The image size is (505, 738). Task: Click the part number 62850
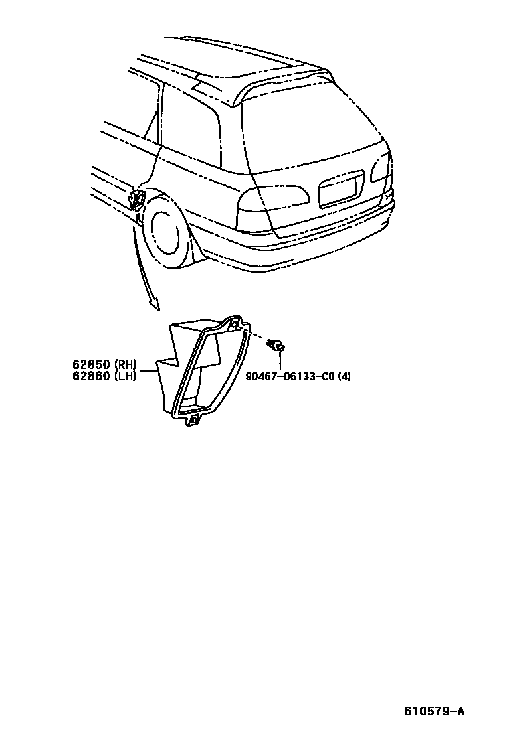click(92, 364)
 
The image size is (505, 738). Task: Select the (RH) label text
click(126, 364)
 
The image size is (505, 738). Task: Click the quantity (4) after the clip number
click(344, 376)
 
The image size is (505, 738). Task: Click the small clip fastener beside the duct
click(276, 344)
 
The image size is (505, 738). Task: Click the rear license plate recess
click(342, 189)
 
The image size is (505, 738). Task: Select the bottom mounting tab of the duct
click(194, 419)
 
